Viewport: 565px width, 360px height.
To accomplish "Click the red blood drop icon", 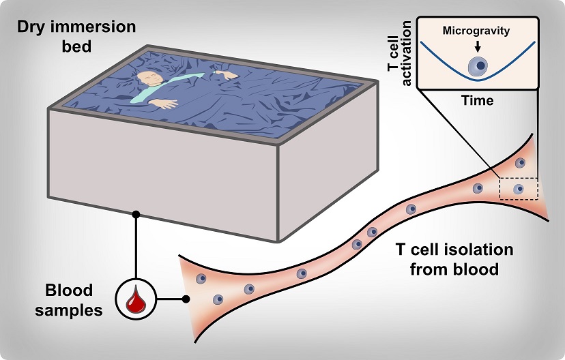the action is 136,299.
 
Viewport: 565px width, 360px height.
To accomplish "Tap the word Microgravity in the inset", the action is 476,31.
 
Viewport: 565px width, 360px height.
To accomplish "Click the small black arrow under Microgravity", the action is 478,46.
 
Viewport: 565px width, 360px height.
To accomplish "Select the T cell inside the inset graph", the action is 478,66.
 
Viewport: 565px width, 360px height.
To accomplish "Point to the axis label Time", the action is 478,100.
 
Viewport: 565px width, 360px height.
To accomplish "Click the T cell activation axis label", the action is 400,53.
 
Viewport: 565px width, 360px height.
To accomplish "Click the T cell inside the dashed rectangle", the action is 519,189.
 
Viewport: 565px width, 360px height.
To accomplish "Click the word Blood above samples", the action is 69,290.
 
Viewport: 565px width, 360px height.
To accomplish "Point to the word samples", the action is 68,310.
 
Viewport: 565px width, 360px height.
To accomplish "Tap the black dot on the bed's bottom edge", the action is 136,215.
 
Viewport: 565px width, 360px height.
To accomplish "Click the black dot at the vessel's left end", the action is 186,299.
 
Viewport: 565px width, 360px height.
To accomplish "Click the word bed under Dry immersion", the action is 76,47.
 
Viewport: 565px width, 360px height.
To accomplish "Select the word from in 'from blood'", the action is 427,269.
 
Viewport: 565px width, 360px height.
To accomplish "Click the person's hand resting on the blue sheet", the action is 164,104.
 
